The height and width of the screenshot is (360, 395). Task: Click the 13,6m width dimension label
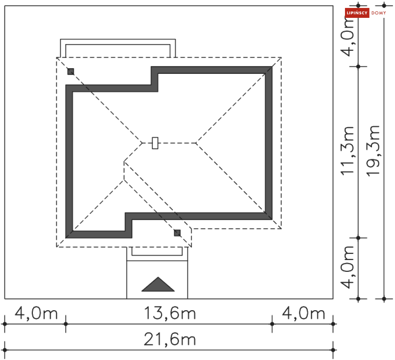(170, 314)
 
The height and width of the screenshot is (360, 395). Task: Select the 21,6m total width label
(170, 339)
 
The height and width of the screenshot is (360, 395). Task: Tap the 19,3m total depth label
(373, 151)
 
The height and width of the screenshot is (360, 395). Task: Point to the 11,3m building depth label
(347, 151)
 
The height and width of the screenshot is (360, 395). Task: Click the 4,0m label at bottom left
(36, 314)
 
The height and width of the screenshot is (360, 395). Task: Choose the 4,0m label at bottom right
(304, 314)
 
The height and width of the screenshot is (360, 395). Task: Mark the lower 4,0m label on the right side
(347, 267)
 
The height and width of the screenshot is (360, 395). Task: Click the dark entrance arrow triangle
(158, 285)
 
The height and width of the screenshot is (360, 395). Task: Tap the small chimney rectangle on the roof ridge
(155, 143)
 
